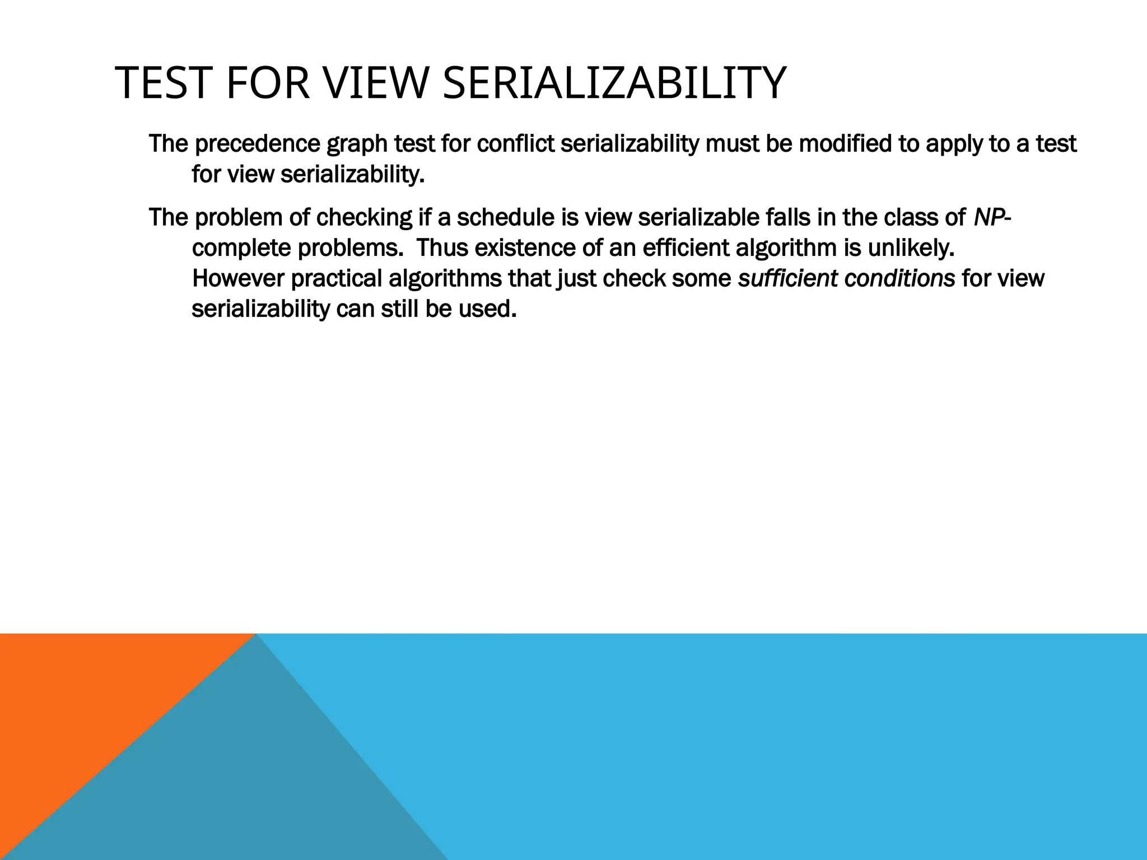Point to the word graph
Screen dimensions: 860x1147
(357, 144)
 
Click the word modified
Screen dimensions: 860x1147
(845, 144)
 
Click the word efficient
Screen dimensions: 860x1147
(686, 248)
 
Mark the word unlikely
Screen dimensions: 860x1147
(911, 248)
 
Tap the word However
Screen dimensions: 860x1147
(239, 278)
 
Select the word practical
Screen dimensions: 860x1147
(337, 278)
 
